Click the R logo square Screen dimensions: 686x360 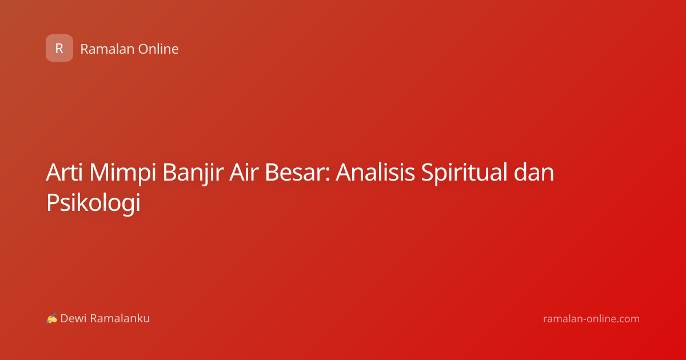tap(59, 48)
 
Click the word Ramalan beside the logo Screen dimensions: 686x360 tap(107, 49)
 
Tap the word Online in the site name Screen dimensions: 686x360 tap(158, 49)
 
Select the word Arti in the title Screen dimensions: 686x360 tap(64, 173)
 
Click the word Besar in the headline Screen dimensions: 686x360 tap(294, 173)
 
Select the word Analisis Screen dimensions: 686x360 tap(375, 173)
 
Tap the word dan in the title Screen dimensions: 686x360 tap(534, 173)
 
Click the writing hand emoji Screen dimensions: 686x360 tap(52, 318)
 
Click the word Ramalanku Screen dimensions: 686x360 tap(119, 318)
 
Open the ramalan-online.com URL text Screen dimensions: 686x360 tap(591, 319)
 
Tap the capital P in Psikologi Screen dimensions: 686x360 tap(53, 202)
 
